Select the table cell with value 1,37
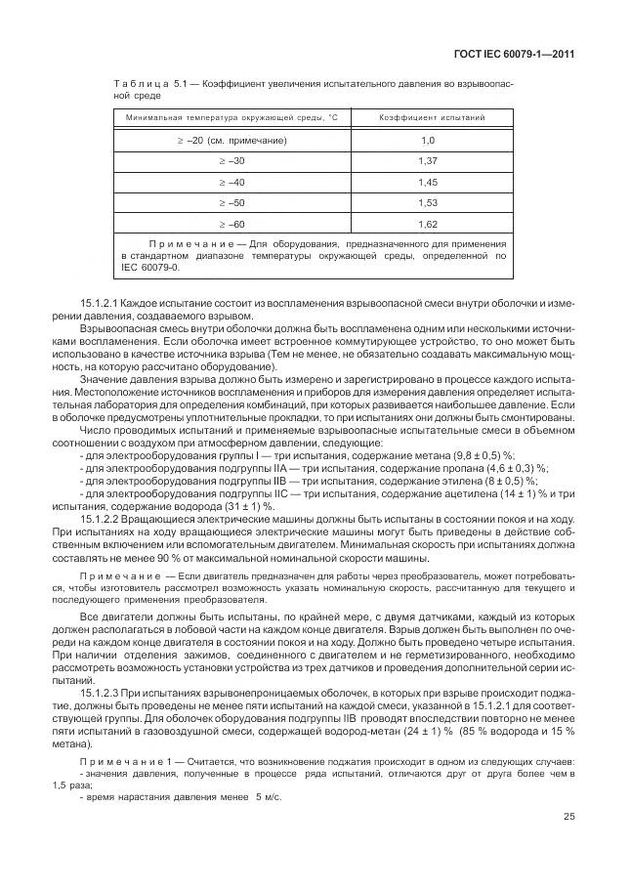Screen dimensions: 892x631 tap(427, 160)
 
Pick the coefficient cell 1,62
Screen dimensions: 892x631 tap(427, 224)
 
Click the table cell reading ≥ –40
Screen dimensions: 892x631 tap(231, 182)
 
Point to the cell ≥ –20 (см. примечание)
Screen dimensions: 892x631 tap(231, 140)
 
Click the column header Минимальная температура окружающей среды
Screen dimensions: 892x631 tap(231, 117)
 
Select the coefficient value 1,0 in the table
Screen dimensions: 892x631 tap(427, 140)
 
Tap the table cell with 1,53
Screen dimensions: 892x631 tap(427, 203)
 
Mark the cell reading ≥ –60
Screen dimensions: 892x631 tap(231, 224)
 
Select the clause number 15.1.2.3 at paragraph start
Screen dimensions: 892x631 tap(101, 692)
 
